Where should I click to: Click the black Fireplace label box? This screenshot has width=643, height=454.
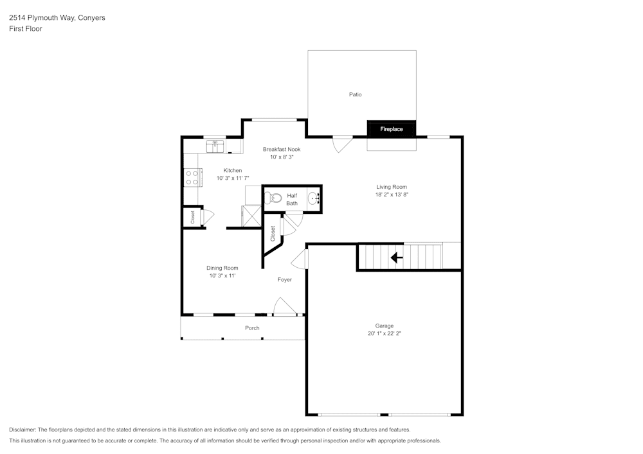point(391,129)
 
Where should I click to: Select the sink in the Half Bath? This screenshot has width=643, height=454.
point(314,198)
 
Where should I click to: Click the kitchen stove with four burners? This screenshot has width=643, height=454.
point(192,177)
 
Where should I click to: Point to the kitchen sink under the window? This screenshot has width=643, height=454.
point(215,147)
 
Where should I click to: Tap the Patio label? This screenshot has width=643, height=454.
point(355,94)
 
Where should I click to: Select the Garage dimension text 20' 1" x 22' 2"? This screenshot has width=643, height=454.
point(385,333)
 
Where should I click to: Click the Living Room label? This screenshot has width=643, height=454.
point(392,187)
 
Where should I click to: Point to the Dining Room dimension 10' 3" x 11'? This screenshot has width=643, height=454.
point(222,275)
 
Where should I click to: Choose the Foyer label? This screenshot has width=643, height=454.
point(285,279)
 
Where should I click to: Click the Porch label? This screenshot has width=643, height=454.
point(252,328)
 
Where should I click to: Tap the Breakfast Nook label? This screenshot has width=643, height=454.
point(281,149)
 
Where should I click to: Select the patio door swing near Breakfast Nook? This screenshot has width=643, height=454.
point(342,143)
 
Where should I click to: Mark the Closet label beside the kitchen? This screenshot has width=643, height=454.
point(192,217)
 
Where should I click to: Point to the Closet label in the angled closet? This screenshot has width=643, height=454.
point(273,233)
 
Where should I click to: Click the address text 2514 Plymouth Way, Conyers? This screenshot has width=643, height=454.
point(57,18)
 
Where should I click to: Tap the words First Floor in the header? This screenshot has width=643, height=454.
point(26,29)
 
